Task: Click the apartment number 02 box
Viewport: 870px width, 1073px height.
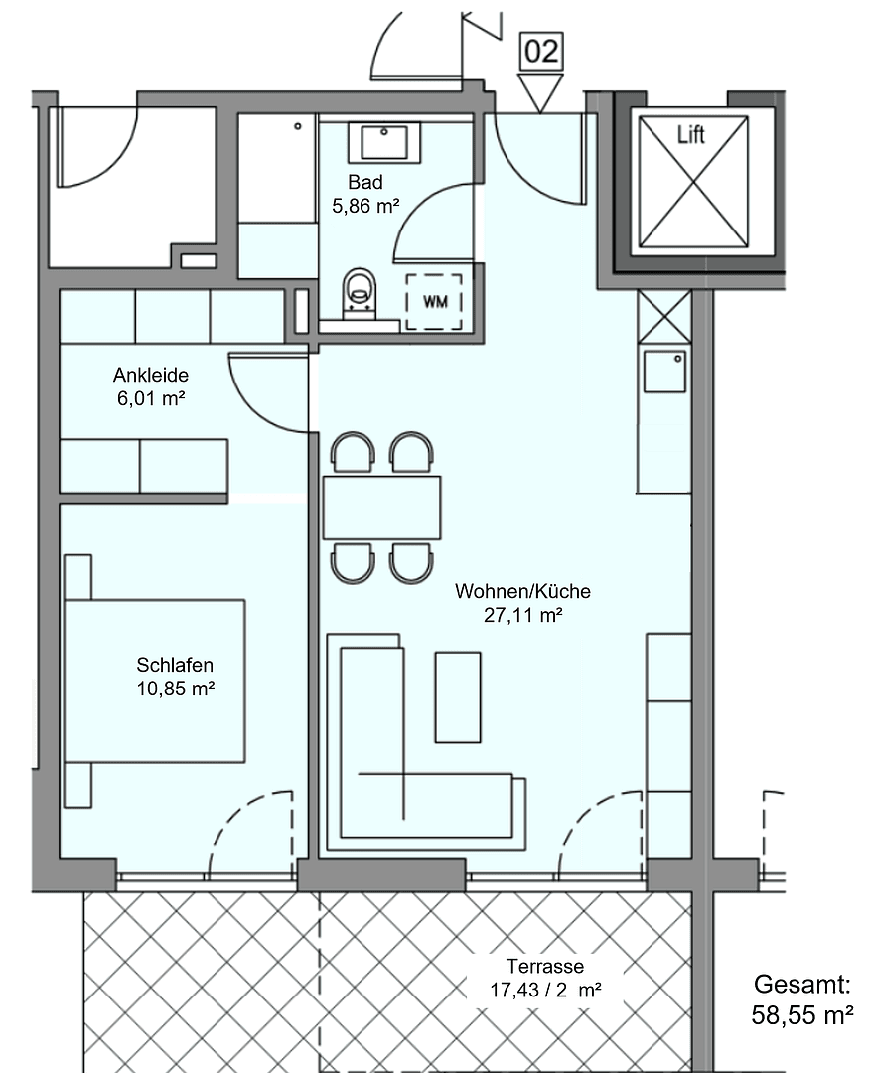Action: (541, 52)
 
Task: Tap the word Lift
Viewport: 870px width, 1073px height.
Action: (691, 134)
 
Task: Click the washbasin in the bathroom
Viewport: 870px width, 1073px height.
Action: (383, 142)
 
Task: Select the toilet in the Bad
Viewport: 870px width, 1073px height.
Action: (360, 294)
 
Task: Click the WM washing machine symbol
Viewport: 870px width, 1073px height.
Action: (435, 301)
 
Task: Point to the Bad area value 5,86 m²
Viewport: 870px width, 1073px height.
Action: (365, 207)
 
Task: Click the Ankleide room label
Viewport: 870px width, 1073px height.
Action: (151, 376)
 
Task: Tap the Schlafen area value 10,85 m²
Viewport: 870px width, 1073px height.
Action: (176, 689)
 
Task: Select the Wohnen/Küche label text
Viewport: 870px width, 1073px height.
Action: (522, 592)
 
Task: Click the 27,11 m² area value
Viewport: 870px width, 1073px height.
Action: (522, 616)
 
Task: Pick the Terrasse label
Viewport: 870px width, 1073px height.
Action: (544, 966)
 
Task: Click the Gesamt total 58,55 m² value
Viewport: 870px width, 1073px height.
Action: (803, 1015)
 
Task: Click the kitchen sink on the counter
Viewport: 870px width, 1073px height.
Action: (664, 372)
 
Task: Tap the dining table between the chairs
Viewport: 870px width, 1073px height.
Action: (381, 507)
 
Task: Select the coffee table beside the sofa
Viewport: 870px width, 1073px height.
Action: (458, 697)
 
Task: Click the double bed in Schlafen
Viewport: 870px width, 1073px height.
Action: (154, 681)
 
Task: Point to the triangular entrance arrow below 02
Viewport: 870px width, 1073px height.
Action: (541, 93)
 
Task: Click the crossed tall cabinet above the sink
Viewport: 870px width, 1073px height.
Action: (664, 317)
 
